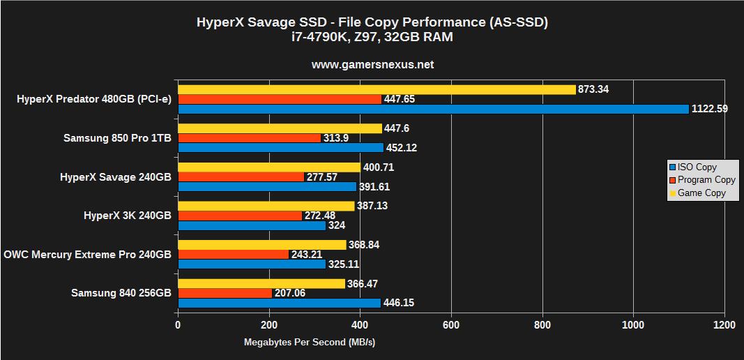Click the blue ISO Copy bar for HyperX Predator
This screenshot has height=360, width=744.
(x=432, y=109)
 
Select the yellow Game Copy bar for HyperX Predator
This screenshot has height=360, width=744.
(x=377, y=89)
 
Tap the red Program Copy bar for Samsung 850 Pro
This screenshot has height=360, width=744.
(x=249, y=138)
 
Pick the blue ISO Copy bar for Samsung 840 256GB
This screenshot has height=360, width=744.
(x=279, y=303)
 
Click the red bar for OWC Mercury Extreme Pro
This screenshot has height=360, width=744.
(x=233, y=255)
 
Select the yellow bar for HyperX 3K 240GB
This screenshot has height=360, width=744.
(x=266, y=206)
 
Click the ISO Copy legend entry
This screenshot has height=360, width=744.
(x=697, y=167)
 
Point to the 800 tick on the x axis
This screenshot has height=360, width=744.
(x=542, y=325)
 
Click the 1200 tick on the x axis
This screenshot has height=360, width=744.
(x=724, y=325)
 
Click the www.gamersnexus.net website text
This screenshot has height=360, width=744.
(x=372, y=64)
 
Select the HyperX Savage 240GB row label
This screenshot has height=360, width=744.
(x=116, y=177)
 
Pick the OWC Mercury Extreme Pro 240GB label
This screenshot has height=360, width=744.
(x=87, y=255)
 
